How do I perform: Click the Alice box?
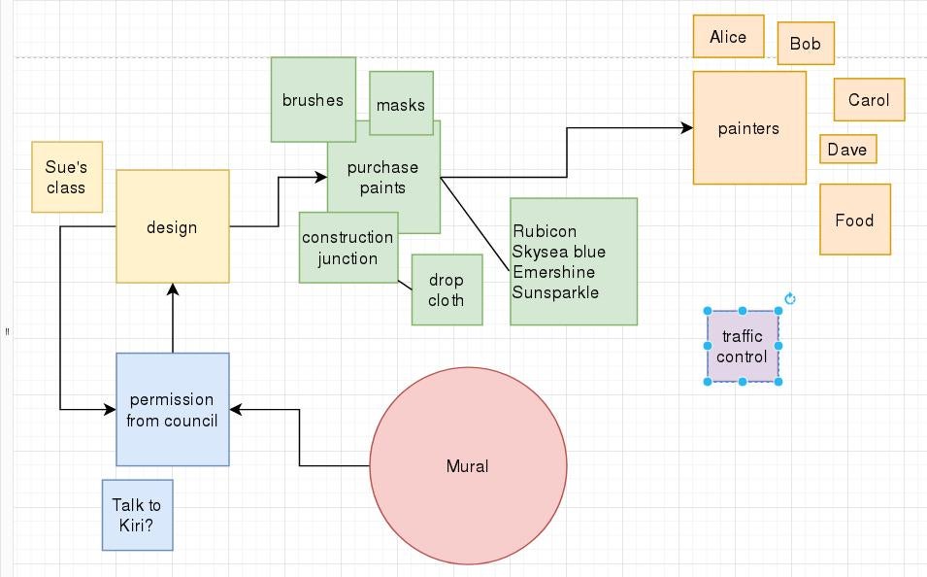[x=728, y=37]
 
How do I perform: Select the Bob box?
[x=805, y=44]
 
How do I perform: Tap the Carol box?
[x=868, y=100]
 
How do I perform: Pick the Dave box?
[x=847, y=150]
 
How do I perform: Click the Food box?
[x=854, y=221]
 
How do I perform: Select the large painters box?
[x=748, y=128]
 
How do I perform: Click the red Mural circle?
[x=468, y=466]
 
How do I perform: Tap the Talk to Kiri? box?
[x=137, y=516]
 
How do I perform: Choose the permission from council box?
[x=172, y=410]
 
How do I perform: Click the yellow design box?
[x=172, y=227]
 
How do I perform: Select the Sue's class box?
[x=66, y=177]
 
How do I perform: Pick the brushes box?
[x=313, y=100]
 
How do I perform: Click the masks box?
[x=401, y=104]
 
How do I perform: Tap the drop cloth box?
[x=447, y=290]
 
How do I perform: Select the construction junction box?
[x=348, y=248]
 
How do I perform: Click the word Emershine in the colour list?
[x=553, y=272]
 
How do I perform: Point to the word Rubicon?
[x=545, y=231]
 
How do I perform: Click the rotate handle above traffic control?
[x=790, y=299]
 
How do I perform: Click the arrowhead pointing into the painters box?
[x=687, y=128]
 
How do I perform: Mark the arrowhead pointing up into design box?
[x=173, y=289]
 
